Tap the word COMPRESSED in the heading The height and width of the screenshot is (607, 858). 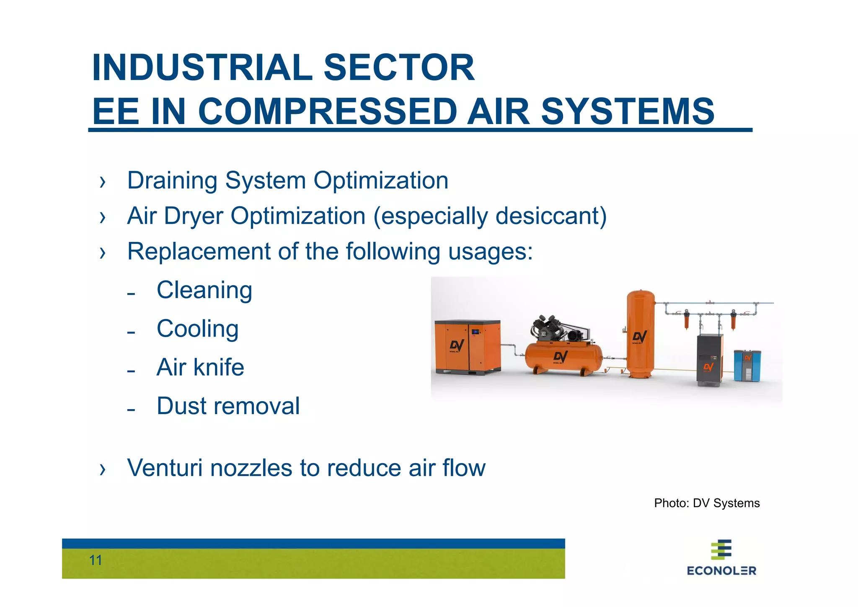327,112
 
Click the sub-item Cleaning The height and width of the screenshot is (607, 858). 204,290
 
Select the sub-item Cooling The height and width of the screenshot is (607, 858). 198,329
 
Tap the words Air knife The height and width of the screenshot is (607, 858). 200,367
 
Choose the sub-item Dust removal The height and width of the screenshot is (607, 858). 228,406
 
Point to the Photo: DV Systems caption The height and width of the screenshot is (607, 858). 707,503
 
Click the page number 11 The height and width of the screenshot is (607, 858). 96,560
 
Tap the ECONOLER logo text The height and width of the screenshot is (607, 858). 721,571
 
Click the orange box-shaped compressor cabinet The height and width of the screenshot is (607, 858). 467,347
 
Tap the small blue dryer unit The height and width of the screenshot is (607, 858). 747,365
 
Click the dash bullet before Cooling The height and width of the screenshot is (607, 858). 131,333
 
